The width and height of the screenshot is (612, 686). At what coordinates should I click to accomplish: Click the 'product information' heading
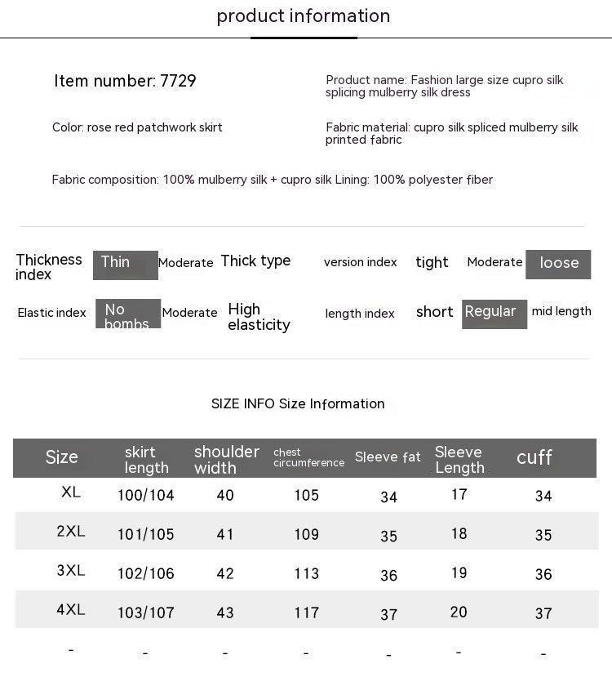304,16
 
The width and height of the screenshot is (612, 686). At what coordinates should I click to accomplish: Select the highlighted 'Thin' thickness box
125,265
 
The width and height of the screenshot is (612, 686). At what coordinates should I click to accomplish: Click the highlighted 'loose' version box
558,264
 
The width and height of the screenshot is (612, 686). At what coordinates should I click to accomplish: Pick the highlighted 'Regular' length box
494,314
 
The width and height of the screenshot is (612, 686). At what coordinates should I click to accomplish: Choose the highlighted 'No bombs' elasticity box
128,314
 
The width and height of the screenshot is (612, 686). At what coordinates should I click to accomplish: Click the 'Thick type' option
255,261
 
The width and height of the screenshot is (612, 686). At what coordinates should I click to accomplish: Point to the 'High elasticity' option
259,317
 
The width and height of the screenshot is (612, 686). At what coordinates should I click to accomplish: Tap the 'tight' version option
432,262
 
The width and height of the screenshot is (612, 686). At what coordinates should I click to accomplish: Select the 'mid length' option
561,311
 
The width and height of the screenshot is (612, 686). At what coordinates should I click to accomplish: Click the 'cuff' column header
534,457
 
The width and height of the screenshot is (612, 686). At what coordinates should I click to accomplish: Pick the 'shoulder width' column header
226,459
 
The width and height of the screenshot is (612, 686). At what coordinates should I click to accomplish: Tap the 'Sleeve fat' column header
388,457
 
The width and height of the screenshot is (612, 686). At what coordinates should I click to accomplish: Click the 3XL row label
71,571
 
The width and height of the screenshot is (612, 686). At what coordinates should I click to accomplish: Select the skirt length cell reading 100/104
146,495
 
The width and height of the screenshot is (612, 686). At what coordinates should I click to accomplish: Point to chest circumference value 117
307,612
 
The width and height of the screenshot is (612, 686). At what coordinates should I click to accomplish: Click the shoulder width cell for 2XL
225,535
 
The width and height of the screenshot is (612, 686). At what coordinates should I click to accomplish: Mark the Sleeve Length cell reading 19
459,572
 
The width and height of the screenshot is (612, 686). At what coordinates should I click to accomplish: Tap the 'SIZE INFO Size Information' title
298,403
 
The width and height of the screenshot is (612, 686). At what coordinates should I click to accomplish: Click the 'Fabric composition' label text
105,180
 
